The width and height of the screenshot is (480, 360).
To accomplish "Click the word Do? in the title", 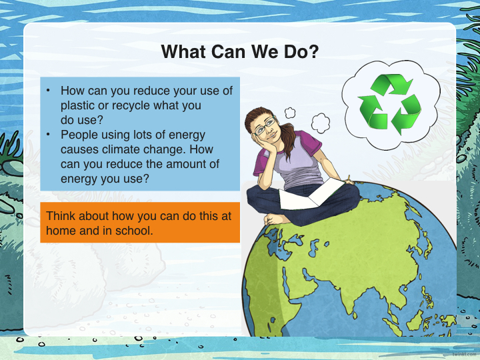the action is pyautogui.click(x=301, y=51).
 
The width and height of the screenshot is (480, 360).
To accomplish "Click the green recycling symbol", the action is pyautogui.click(x=390, y=104).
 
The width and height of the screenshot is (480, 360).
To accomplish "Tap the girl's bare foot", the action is pyautogui.click(x=277, y=219).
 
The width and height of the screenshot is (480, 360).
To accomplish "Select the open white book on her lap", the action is pyautogui.click(x=311, y=195).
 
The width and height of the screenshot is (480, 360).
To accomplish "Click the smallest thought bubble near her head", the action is pyautogui.click(x=290, y=113).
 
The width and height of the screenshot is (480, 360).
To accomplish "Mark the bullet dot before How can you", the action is pyautogui.click(x=48, y=90).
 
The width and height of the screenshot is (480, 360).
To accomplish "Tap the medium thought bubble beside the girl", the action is pyautogui.click(x=321, y=123).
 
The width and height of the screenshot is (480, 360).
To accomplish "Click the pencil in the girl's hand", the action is pyautogui.click(x=349, y=179).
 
